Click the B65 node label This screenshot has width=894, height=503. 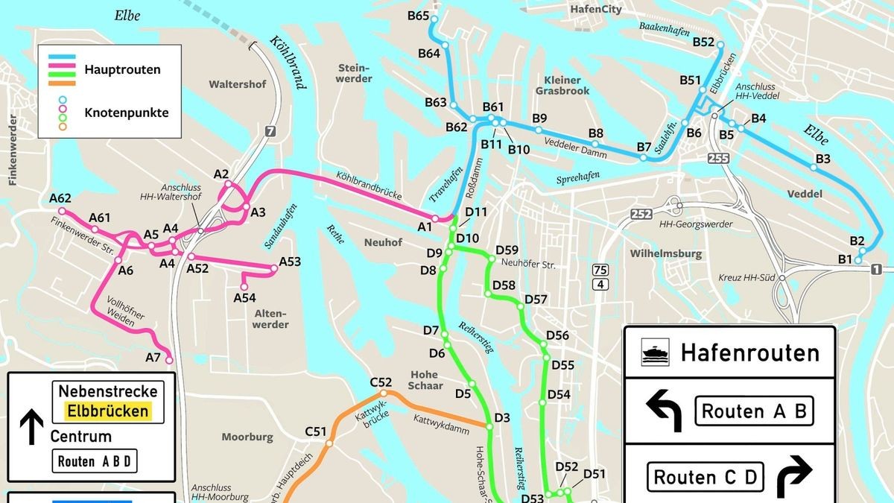click(x=418, y=16)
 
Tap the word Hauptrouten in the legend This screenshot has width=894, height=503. click(x=122, y=70)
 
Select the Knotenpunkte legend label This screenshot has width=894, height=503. click(x=126, y=113)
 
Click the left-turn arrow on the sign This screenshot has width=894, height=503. click(x=663, y=411)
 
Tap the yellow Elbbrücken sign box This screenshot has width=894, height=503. click(x=107, y=411)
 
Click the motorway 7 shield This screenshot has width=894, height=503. click(x=269, y=132)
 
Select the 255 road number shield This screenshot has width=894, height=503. click(x=719, y=158)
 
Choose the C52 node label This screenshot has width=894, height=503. click(x=381, y=382)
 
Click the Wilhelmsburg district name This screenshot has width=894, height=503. click(x=666, y=254)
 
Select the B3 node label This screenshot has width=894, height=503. click(x=822, y=159)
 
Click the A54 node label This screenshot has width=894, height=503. click(x=244, y=298)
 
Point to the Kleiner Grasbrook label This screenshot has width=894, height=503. click(x=562, y=85)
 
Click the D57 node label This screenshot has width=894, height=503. click(x=536, y=300)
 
